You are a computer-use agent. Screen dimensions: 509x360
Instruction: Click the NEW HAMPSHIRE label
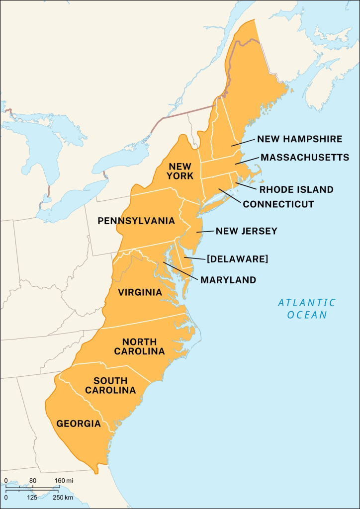click(299, 139)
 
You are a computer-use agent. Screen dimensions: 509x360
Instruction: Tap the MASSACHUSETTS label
click(305, 157)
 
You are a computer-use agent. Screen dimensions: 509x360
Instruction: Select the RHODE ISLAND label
click(296, 189)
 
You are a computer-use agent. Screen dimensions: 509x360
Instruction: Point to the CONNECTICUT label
click(278, 204)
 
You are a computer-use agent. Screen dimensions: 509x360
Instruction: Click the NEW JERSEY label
click(246, 231)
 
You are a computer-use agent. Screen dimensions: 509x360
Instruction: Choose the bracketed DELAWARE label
click(237, 259)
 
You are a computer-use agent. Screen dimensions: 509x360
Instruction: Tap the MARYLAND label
click(228, 280)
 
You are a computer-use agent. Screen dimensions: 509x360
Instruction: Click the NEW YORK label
click(180, 171)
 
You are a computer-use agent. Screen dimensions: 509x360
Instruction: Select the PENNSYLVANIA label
click(136, 221)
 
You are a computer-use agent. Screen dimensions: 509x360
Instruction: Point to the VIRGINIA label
click(140, 292)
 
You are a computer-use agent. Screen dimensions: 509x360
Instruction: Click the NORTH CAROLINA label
click(139, 346)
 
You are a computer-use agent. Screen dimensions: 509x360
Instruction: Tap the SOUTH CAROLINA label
click(110, 386)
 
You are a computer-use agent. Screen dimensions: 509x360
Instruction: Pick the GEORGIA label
click(79, 424)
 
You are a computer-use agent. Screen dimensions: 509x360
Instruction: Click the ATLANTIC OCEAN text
click(307, 309)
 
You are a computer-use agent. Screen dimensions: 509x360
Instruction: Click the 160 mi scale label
click(64, 480)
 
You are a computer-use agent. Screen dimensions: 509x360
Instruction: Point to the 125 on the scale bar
click(32, 498)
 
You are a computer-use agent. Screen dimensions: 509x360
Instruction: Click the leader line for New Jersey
click(204, 232)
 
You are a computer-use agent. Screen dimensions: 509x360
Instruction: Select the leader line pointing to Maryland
click(181, 270)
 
